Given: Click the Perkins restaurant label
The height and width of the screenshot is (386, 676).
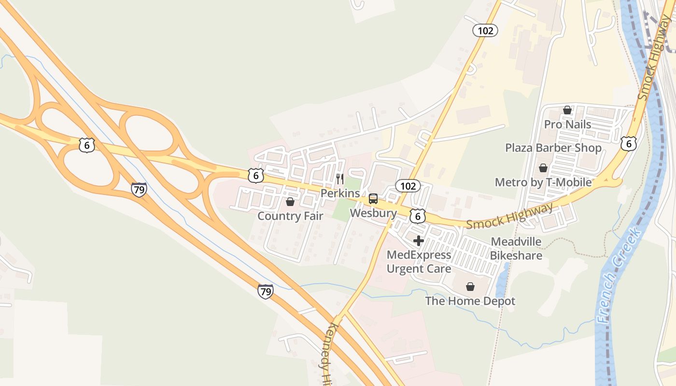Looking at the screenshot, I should click(x=340, y=193).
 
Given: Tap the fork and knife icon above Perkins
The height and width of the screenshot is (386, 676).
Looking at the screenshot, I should click(x=340, y=179).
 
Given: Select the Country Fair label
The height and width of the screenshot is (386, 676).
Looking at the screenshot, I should click(x=290, y=216).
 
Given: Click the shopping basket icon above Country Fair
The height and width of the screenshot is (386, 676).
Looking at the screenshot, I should click(x=290, y=201).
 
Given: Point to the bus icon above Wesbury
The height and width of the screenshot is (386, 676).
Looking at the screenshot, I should click(x=373, y=199).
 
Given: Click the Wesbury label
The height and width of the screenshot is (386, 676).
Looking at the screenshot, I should click(x=373, y=213).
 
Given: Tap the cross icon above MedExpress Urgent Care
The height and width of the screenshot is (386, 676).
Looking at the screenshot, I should click(x=419, y=240).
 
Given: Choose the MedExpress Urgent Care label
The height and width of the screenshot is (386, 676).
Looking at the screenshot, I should click(x=419, y=262).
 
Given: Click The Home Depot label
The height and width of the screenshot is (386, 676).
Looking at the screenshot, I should click(x=470, y=301).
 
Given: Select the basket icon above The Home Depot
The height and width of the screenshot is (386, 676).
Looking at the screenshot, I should click(x=470, y=287).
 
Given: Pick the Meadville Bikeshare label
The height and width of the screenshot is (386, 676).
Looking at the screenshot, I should click(x=516, y=248).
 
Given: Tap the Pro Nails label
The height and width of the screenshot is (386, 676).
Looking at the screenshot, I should click(x=567, y=124).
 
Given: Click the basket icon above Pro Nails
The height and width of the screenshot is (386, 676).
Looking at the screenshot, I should click(x=567, y=110).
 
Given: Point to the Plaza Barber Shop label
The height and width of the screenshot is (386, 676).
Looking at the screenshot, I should click(x=553, y=148).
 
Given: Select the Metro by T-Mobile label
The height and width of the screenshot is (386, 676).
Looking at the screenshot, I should click(x=543, y=182).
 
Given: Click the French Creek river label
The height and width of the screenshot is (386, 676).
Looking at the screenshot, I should click(x=620, y=275).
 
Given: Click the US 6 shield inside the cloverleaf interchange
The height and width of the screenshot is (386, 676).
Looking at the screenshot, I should click(x=87, y=145).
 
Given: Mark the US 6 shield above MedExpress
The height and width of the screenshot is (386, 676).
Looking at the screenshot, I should click(x=418, y=216).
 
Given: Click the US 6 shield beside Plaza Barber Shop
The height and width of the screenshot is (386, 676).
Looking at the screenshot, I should click(x=628, y=143).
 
